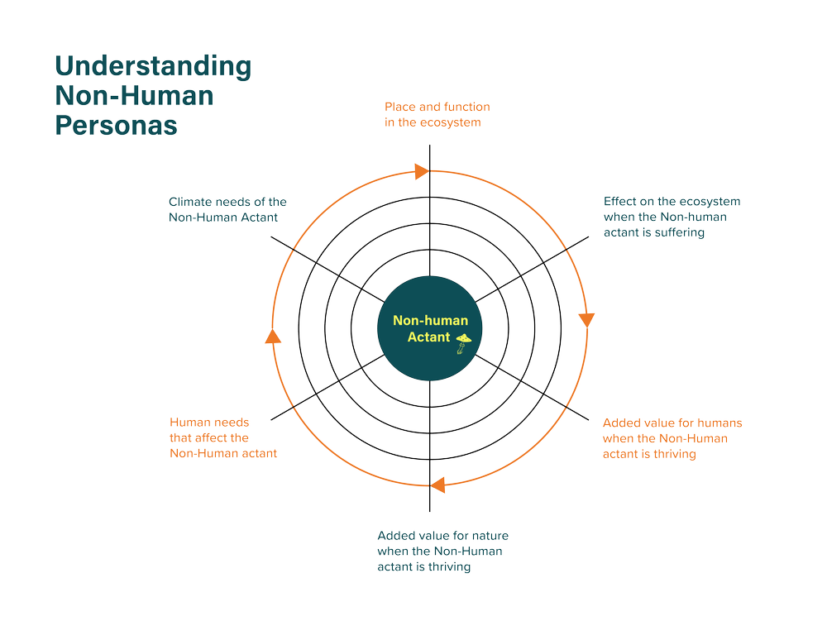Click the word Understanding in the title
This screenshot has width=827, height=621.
(152, 68)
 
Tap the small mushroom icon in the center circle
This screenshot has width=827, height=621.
(465, 341)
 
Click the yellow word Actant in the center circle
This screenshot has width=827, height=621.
(429, 337)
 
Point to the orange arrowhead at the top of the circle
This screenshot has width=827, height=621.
(419, 171)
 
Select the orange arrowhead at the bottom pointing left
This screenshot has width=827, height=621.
(441, 484)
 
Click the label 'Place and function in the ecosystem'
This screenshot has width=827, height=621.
(437, 115)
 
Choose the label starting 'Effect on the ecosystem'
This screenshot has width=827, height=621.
(672, 217)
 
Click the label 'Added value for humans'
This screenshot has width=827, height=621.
(672, 438)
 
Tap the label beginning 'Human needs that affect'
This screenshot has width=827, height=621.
(222, 437)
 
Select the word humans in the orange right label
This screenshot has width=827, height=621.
(722, 423)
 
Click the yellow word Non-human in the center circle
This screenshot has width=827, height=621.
(430, 321)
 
